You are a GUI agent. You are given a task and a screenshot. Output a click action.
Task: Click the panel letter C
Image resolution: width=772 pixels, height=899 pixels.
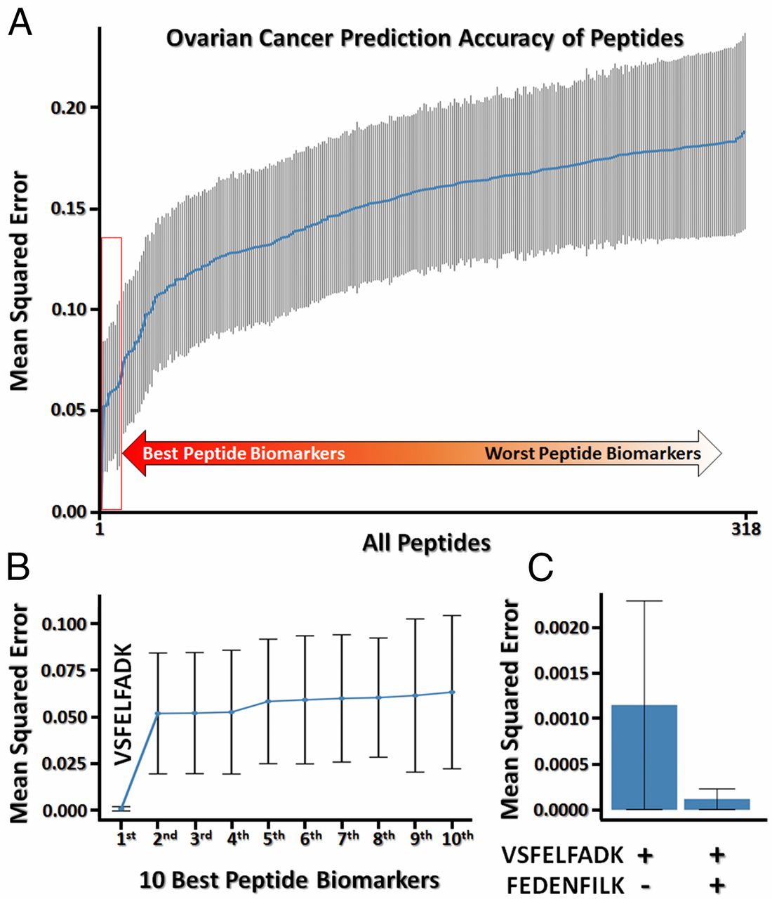[541, 568]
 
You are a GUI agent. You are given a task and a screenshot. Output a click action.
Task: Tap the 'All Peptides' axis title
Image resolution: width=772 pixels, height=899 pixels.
[426, 542]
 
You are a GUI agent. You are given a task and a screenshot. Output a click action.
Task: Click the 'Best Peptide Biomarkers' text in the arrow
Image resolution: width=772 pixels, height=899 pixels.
[244, 453]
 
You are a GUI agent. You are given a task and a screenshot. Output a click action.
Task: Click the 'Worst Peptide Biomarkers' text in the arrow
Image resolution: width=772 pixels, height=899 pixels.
[592, 453]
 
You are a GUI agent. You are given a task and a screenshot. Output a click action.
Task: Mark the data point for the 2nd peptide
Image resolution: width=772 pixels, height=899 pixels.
[158, 714]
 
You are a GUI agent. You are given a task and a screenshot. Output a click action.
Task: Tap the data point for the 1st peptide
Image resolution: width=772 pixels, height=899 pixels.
[121, 809]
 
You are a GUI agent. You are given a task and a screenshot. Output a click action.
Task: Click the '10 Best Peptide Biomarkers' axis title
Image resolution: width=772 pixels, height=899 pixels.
[289, 879]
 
